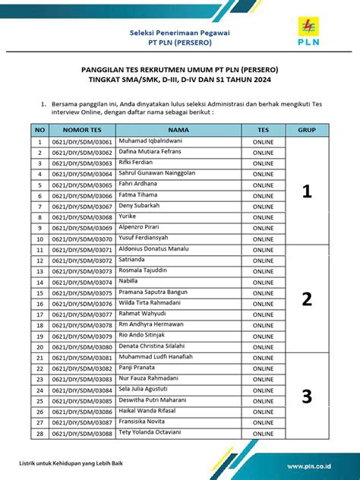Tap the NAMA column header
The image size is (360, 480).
point(178,131)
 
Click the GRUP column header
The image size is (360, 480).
point(306,131)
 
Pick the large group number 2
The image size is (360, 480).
point(306,298)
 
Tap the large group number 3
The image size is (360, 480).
point(306,396)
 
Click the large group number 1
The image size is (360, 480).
point(306,191)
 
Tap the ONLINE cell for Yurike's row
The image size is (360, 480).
point(263,217)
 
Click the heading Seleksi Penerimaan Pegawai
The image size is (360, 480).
point(180,33)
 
